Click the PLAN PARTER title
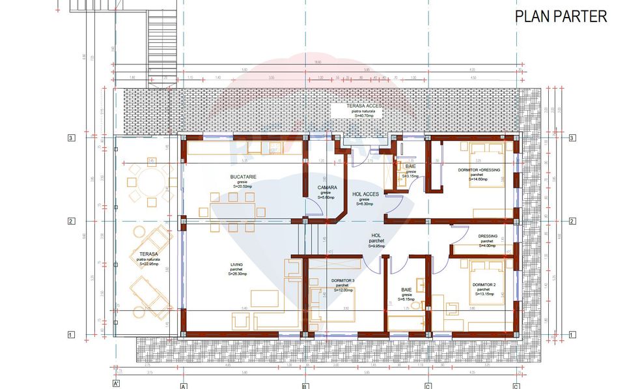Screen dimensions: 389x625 click(561, 17)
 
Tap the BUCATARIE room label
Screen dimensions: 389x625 click(242, 177)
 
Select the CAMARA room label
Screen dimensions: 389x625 click(327, 188)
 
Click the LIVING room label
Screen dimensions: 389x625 click(236, 265)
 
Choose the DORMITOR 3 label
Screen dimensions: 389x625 click(342, 281)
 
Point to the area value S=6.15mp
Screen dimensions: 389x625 click(407, 299)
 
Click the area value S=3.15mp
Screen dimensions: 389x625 click(411, 176)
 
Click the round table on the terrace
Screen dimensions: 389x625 click(143, 184)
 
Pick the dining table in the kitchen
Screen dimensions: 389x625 click(232, 212)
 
